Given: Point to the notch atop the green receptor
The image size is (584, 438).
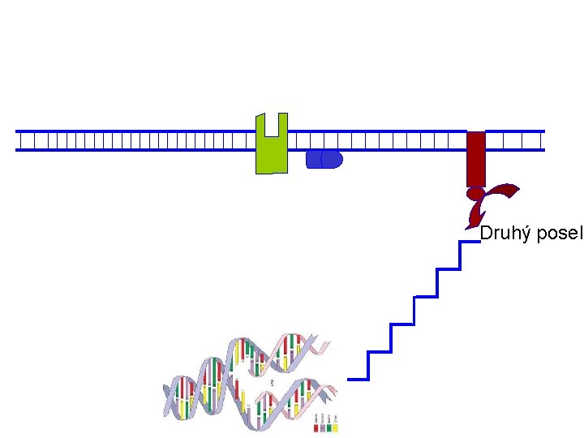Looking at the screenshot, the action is click(x=272, y=123).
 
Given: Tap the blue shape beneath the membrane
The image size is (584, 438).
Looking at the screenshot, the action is click(x=324, y=159).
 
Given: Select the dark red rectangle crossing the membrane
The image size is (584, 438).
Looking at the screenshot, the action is click(x=475, y=157).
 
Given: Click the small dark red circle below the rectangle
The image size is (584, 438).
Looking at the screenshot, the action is click(x=474, y=194).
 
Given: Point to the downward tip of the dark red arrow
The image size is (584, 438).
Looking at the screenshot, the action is click(x=470, y=225).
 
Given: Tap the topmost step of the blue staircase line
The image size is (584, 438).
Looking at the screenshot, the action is click(x=470, y=242).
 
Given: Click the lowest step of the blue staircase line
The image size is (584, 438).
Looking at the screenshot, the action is click(x=357, y=379).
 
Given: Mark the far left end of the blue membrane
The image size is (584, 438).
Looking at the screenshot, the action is click(x=18, y=141).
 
